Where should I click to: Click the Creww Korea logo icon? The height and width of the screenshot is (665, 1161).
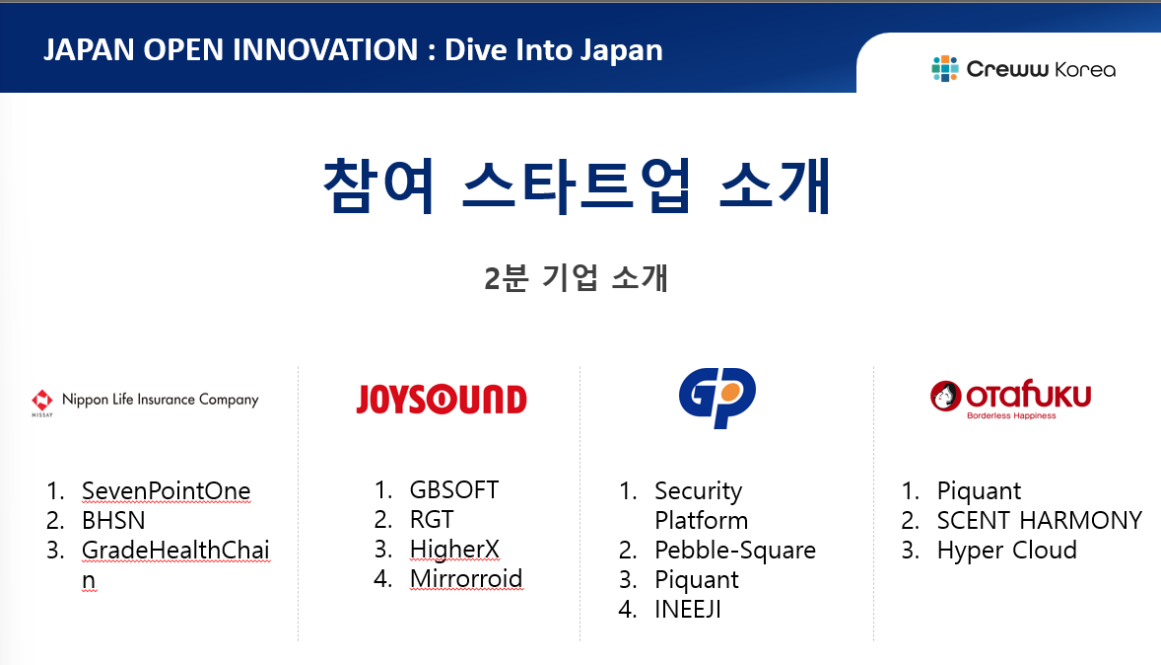(945, 69)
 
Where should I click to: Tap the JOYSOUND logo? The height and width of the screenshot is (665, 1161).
(442, 400)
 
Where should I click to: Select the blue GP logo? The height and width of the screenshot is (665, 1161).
(717, 398)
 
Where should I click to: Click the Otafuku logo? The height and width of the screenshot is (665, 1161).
(1010, 399)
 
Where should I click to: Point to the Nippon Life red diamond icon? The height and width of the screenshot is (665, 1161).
(42, 401)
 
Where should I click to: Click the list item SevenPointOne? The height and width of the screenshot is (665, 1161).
(167, 490)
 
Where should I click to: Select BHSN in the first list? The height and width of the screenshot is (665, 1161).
(113, 520)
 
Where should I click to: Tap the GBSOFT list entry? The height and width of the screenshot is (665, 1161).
(454, 490)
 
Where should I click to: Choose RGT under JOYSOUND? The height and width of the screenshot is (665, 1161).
(432, 520)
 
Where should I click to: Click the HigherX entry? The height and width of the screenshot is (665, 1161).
(454, 550)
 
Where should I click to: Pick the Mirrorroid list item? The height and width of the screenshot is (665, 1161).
(466, 579)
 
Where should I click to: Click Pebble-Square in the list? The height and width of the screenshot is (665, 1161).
(735, 551)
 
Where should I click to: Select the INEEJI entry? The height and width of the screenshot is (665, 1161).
(688, 610)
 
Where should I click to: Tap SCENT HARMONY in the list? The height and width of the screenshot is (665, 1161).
(1040, 520)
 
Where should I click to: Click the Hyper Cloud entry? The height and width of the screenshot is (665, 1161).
(1007, 551)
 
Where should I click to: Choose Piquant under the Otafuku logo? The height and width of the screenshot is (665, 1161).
(979, 491)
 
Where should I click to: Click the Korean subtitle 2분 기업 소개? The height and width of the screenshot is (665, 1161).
(576, 278)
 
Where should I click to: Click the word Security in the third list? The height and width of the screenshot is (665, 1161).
(698, 491)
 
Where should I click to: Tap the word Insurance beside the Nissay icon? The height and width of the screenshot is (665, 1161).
(166, 399)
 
